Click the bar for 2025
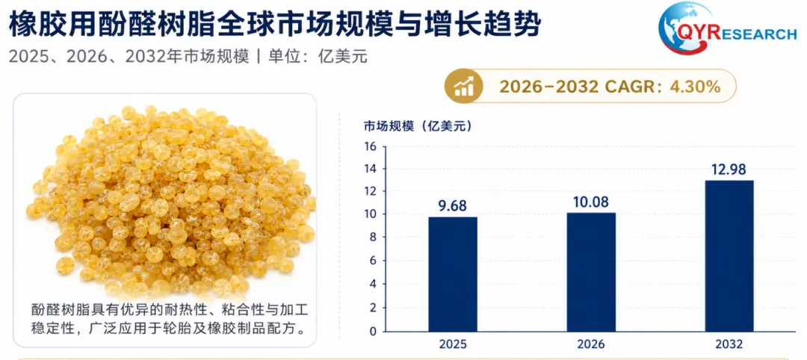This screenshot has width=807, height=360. tap(453, 274)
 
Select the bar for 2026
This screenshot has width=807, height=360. tap(591, 272)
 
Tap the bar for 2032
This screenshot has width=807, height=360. tap(729, 255)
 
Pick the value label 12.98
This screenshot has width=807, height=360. tap(729, 169)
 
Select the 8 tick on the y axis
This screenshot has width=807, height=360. tap(374, 238)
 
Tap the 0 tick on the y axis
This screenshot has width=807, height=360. tap(374, 331)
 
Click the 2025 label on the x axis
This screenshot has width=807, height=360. tap(453, 344)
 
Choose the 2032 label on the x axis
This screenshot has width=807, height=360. tap(729, 344)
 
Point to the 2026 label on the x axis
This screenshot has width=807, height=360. tap(591, 344)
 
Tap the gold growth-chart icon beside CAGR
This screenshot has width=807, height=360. tap(464, 87)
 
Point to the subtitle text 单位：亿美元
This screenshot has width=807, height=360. tap(318, 55)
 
